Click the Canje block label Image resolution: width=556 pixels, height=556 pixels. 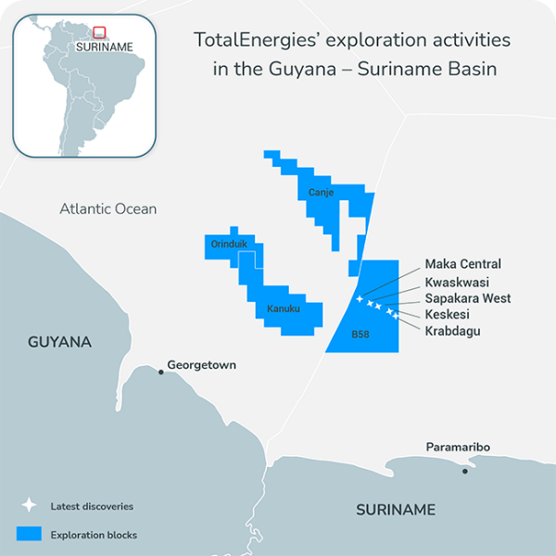[x=321, y=193]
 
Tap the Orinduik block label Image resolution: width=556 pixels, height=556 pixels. [x=228, y=245]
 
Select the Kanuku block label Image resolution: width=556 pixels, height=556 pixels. [x=284, y=309]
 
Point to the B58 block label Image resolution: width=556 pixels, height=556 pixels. [x=360, y=334]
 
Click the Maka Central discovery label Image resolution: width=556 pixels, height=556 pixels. [x=462, y=265]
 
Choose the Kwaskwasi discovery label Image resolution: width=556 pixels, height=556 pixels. [x=457, y=282]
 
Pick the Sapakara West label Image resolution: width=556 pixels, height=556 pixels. [x=468, y=298]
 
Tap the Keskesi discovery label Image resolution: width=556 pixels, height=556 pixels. [x=449, y=315]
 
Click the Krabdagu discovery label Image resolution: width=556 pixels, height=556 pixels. [x=452, y=331]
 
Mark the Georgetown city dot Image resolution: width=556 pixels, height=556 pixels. [x=161, y=372]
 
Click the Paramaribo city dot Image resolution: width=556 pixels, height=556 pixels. [x=465, y=471]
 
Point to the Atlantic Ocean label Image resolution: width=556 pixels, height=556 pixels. [x=108, y=208]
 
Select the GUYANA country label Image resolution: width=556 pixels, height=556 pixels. [x=59, y=342]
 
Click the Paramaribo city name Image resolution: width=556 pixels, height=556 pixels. [x=458, y=448]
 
